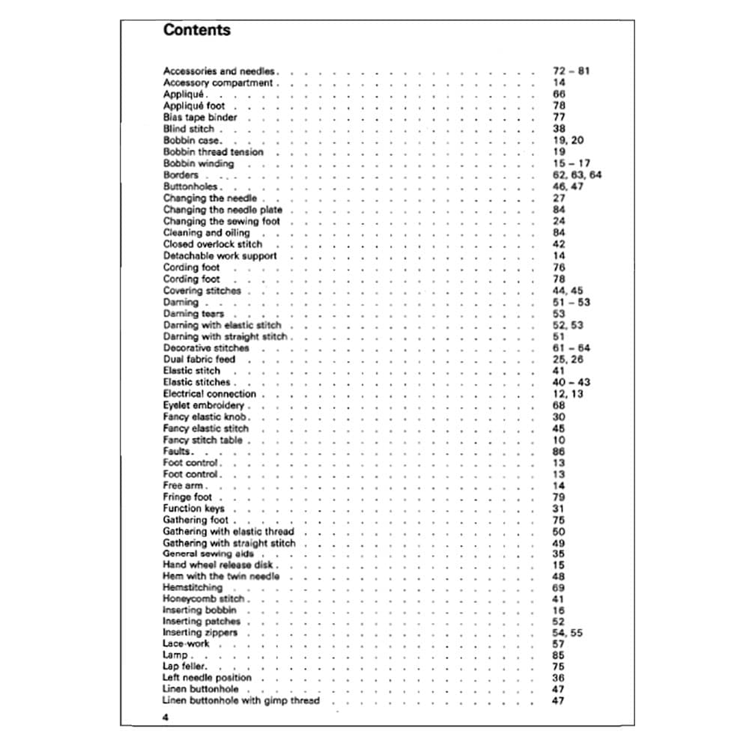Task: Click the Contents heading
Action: click(x=196, y=30)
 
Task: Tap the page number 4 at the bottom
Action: click(x=166, y=717)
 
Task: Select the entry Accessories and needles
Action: click(x=219, y=71)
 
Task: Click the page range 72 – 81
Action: click(x=571, y=71)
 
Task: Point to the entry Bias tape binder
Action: click(x=200, y=118)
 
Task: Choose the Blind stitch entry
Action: click(x=188, y=129)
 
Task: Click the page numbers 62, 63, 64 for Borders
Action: click(x=577, y=175)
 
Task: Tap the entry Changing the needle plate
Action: click(x=222, y=210)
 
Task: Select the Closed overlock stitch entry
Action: click(x=213, y=244)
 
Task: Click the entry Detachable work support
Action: click(x=219, y=255)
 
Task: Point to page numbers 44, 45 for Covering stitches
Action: click(x=568, y=291)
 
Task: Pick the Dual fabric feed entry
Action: click(x=198, y=360)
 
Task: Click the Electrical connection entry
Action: click(x=210, y=394)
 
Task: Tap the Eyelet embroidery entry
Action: click(x=204, y=405)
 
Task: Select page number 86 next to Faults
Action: click(x=559, y=452)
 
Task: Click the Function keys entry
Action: click(x=193, y=509)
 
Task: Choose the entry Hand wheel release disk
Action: click(x=217, y=565)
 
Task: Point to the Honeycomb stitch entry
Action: click(x=204, y=599)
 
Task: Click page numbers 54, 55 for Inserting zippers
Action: click(x=567, y=633)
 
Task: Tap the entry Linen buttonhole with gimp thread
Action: click(x=240, y=701)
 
